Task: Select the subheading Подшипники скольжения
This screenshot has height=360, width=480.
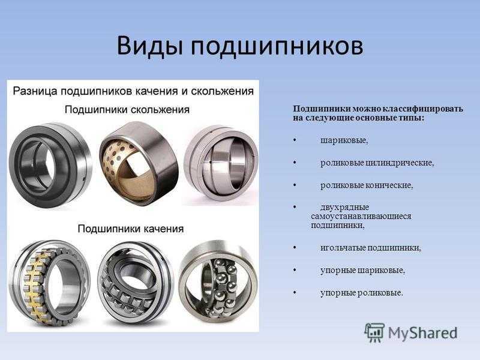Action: [x=127, y=110]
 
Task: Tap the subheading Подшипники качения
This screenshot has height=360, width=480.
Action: [x=131, y=229]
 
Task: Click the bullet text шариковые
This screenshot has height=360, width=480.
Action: [x=344, y=140]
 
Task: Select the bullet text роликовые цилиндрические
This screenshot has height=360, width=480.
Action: [x=377, y=163]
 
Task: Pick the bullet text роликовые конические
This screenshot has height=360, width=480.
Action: [x=367, y=185]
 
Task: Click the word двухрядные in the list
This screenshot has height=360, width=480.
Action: [x=344, y=207]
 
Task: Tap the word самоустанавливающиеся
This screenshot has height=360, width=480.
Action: [x=361, y=216]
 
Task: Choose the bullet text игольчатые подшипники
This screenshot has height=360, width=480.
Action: [x=371, y=248]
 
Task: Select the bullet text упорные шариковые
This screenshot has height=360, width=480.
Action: [x=362, y=271]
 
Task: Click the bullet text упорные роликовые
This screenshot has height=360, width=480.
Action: [x=362, y=293]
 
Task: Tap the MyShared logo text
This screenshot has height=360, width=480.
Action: [x=423, y=333]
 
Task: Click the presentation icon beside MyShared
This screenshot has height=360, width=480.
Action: [x=374, y=332]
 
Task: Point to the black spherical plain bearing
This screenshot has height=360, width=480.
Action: [x=50, y=166]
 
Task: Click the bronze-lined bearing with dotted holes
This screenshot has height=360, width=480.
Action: [x=139, y=164]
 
